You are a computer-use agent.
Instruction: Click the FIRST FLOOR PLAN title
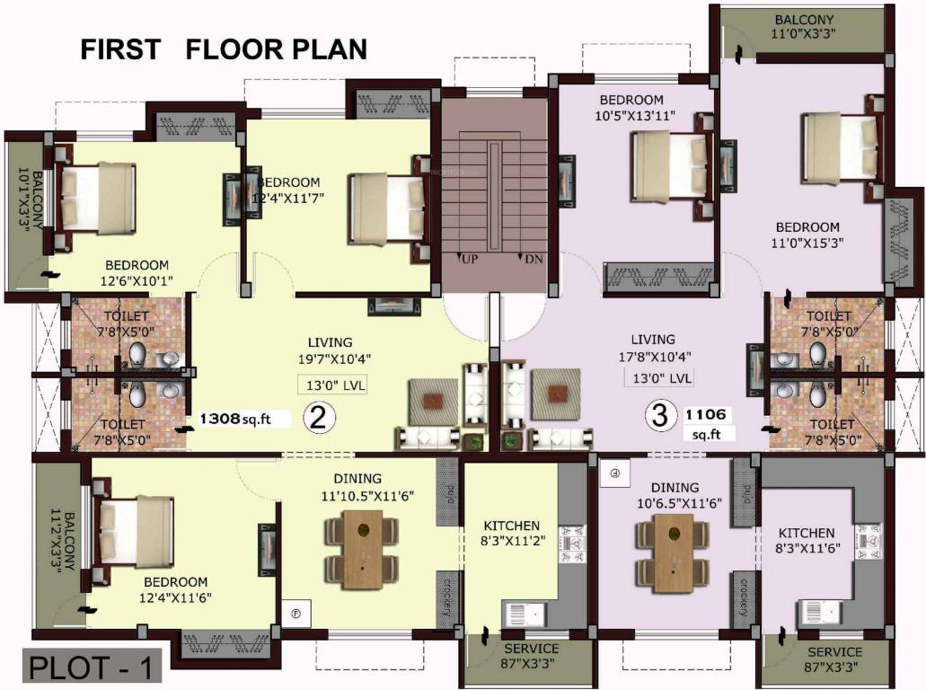click(x=224, y=49)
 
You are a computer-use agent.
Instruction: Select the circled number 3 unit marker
click(x=660, y=416)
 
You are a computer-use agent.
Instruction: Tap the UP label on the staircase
click(x=469, y=259)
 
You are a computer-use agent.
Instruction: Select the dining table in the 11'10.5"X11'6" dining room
click(x=363, y=549)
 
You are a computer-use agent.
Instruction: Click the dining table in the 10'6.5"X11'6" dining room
click(x=674, y=552)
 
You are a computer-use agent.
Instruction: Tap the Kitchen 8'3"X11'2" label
click(x=511, y=534)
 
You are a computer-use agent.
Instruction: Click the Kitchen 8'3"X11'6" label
click(x=806, y=540)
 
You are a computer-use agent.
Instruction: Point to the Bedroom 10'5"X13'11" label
click(x=632, y=108)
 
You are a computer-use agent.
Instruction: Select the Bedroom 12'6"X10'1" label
click(x=137, y=272)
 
